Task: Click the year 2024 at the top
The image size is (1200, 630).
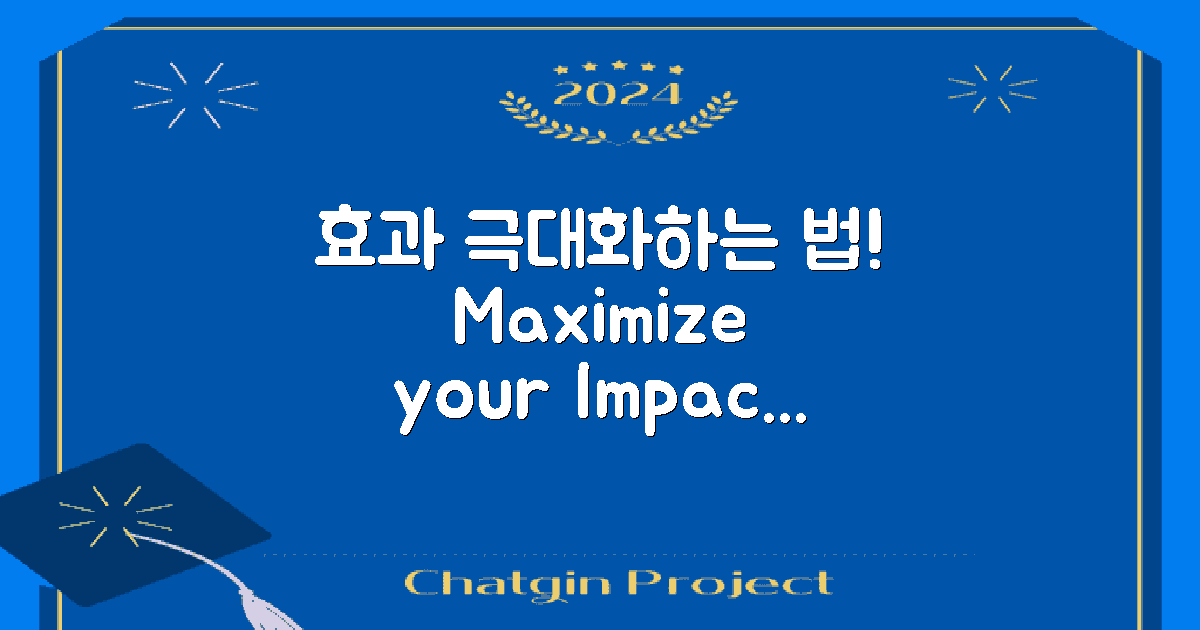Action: pos(618,95)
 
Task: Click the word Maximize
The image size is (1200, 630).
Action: pos(600,322)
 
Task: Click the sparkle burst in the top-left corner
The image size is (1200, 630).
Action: pos(196,95)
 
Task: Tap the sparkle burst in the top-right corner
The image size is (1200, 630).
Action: pos(992,88)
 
